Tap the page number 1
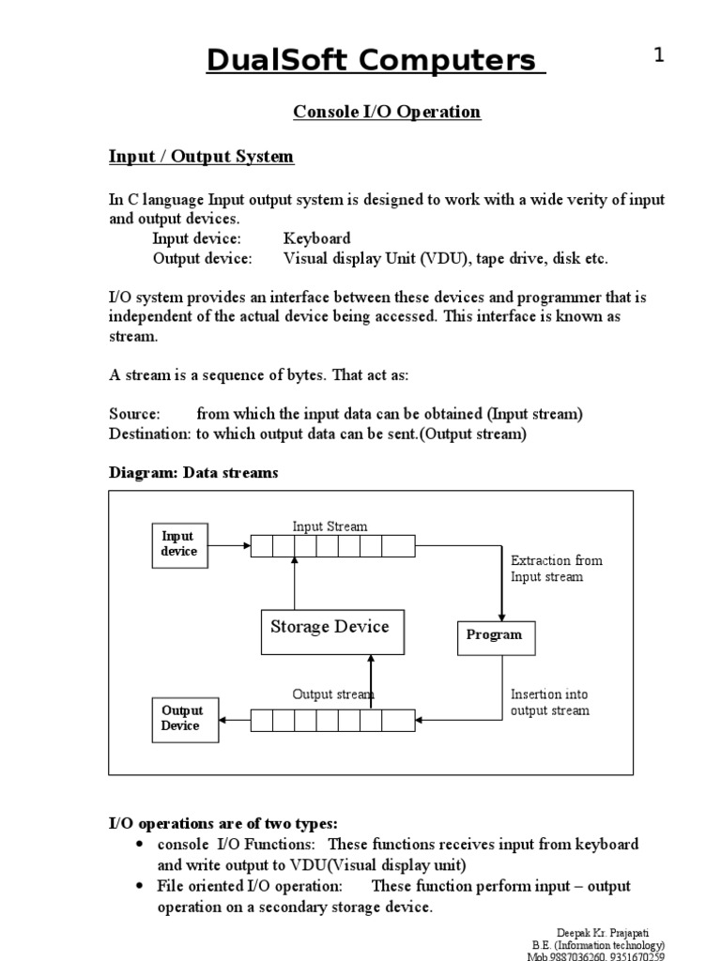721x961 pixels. coord(659,55)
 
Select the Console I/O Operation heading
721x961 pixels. coord(387,112)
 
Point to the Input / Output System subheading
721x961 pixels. coord(202,157)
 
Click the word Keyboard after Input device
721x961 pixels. coord(317,238)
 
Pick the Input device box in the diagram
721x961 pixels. coord(178,544)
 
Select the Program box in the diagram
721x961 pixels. coord(495,635)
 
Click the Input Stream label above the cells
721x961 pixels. coord(330,526)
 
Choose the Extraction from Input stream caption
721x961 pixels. coord(556,569)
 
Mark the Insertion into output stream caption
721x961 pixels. coord(550,702)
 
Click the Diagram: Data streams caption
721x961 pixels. coord(193,473)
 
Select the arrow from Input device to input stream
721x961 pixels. coord(229,544)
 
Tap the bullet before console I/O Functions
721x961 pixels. coord(140,845)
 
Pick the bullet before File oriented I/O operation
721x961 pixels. coord(140,886)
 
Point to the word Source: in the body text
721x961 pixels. coord(135,414)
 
